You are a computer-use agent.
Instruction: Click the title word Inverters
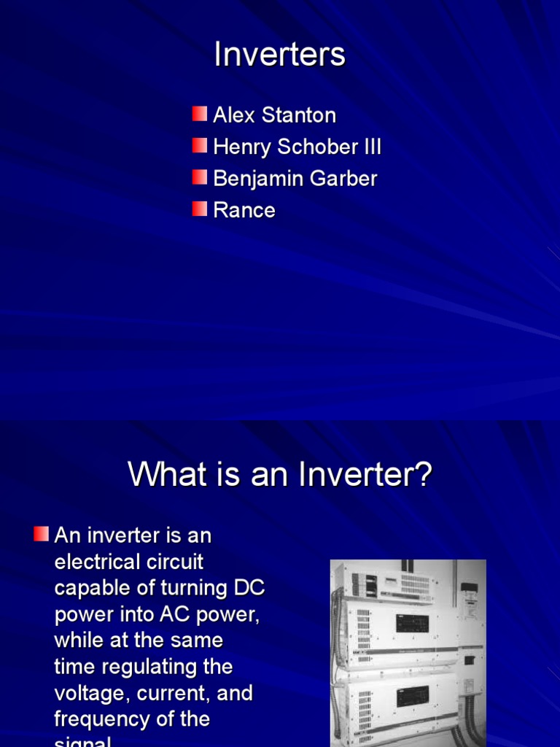click(279, 55)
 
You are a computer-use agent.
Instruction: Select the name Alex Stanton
click(274, 115)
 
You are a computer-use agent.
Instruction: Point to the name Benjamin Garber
click(295, 179)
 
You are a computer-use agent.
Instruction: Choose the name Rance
click(244, 211)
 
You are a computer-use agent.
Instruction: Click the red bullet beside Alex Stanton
click(200, 114)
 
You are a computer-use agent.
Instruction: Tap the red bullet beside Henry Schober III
click(200, 146)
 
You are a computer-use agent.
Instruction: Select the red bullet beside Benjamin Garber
click(200, 177)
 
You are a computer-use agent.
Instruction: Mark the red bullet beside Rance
click(200, 209)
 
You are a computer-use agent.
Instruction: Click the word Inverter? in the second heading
click(365, 476)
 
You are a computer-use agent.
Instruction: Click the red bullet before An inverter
click(42, 534)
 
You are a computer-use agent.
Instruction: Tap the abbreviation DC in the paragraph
click(249, 589)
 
